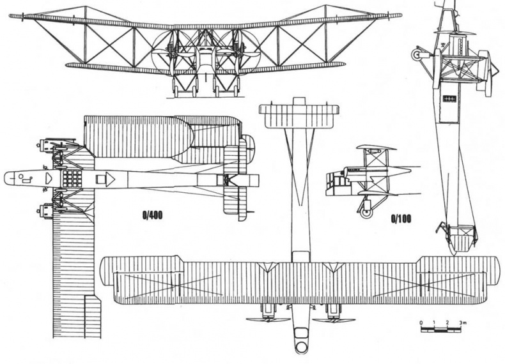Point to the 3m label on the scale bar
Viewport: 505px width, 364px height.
[x=465, y=325]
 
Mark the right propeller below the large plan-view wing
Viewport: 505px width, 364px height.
[x=333, y=317]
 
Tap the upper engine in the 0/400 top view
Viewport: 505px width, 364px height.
[x=46, y=146]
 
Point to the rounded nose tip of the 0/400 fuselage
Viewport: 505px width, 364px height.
[x=8, y=178]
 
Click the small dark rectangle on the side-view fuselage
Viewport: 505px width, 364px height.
[x=449, y=100]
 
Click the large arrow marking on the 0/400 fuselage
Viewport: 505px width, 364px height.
[x=109, y=178]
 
